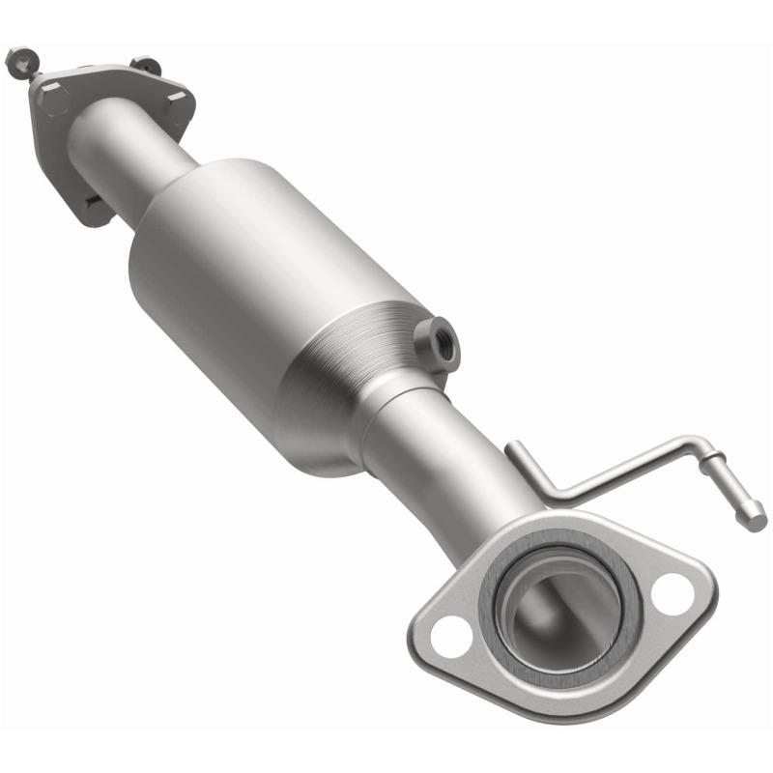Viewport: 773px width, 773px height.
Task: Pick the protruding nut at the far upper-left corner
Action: pos(17,61)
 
